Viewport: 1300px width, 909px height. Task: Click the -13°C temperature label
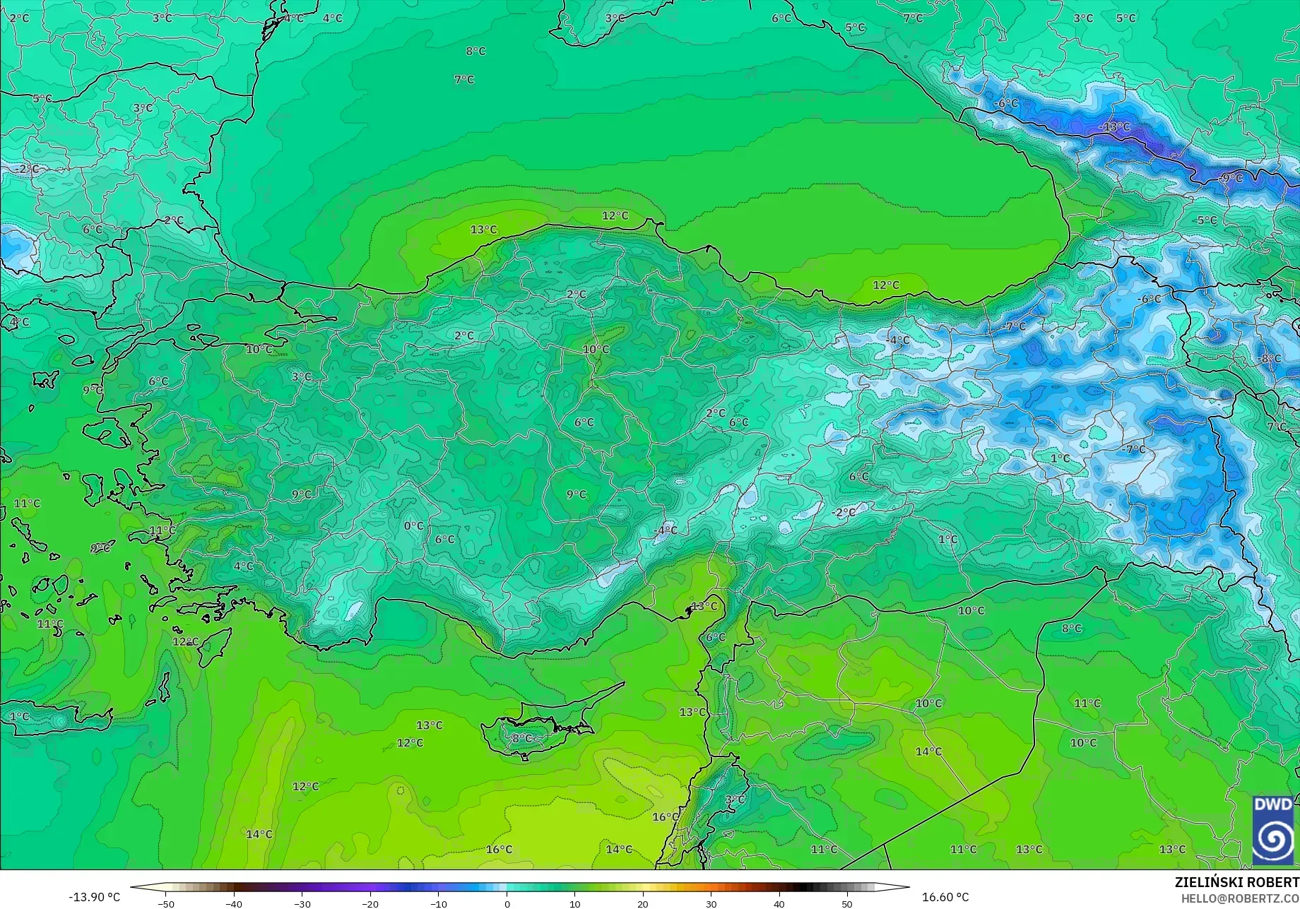[x=1115, y=127]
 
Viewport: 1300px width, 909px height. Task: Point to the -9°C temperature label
[x=1231, y=178]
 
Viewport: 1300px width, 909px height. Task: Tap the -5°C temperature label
[x=1207, y=220]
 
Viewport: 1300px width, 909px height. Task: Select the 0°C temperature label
[x=414, y=525]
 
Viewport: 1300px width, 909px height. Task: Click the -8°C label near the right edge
[x=1270, y=359]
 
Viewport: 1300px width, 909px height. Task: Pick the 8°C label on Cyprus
[x=522, y=738]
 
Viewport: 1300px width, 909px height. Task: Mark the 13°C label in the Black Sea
[x=484, y=230]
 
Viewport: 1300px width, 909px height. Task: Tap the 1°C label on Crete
[x=20, y=716]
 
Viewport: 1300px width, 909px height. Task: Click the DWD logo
[x=1273, y=830]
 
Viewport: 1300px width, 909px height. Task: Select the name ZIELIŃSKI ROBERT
[x=1236, y=882]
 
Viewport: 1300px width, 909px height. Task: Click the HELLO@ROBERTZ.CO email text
[x=1240, y=898]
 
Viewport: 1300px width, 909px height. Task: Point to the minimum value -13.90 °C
[x=95, y=897]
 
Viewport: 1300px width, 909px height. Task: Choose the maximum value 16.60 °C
[x=945, y=897]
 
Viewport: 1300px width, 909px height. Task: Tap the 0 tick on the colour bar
[x=507, y=903]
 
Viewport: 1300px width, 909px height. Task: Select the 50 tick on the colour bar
[x=846, y=903]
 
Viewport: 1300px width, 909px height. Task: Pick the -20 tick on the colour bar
[x=370, y=903]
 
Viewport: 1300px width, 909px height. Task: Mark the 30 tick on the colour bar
[x=711, y=903]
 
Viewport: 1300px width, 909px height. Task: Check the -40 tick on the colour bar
[x=234, y=903]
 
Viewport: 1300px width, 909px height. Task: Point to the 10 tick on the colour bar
[x=574, y=903]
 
